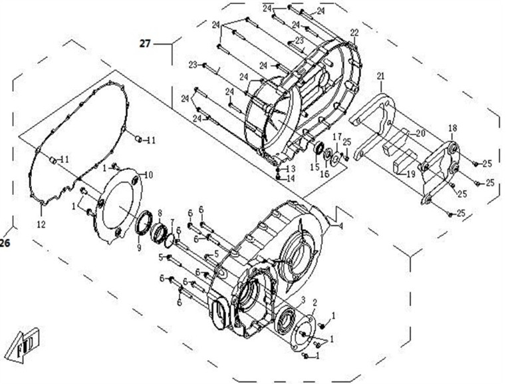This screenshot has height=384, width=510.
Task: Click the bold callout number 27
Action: (x=146, y=44)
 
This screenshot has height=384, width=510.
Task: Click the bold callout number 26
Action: (x=5, y=244)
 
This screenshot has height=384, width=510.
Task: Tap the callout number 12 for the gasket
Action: (x=41, y=224)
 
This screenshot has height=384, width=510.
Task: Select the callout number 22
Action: (x=354, y=33)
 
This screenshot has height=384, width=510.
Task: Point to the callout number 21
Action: (x=380, y=77)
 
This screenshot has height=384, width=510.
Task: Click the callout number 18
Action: (x=452, y=128)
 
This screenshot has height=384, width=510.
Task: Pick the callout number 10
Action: (x=149, y=174)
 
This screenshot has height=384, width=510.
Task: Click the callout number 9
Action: (x=139, y=248)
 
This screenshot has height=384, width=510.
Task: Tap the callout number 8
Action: (x=160, y=213)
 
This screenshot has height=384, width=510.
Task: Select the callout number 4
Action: (x=341, y=226)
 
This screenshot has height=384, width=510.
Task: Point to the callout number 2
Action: (x=315, y=303)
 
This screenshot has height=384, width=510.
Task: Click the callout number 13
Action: (x=291, y=169)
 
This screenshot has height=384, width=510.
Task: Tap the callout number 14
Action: (x=291, y=178)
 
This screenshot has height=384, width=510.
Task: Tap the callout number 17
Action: (x=336, y=136)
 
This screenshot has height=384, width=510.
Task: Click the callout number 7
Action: (x=172, y=222)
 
